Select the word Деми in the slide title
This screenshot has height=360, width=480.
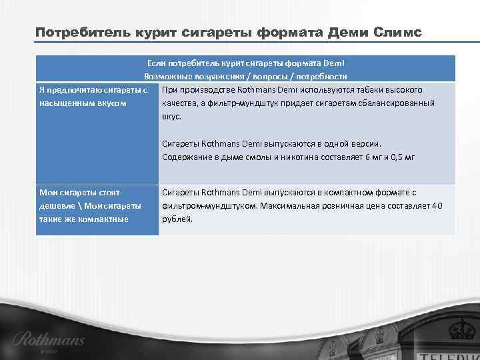[347, 33]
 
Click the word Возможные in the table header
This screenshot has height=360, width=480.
[163, 76]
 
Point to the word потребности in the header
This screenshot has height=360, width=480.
[323, 76]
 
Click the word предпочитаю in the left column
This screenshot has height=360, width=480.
[75, 89]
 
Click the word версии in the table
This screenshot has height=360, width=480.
[365, 143]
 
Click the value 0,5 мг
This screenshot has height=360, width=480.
[400, 157]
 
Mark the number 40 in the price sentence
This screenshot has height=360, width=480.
[437, 205]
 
